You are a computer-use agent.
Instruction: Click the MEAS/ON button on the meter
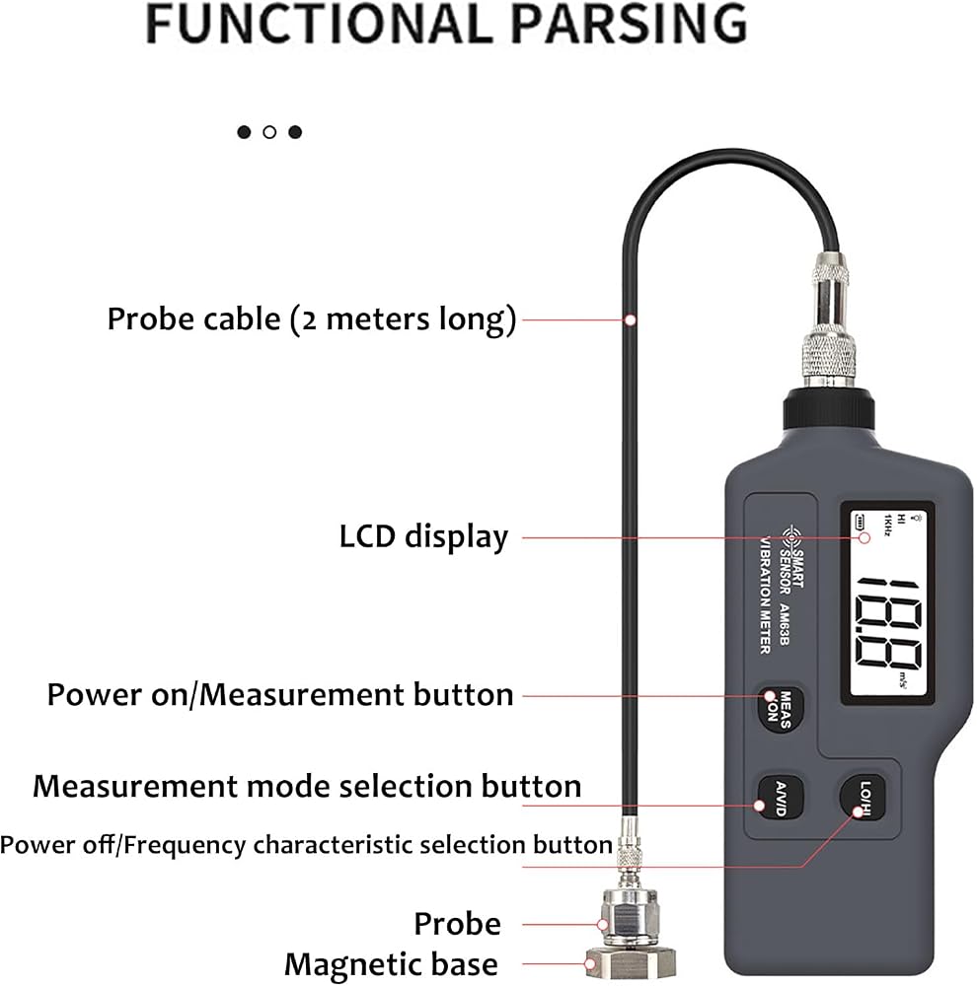pos(781,709)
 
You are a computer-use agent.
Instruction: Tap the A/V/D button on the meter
pos(780,798)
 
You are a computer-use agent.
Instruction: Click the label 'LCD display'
pos(423,537)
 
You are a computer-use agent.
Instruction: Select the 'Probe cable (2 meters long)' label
pos(312,319)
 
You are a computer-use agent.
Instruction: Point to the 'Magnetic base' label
pos(391,964)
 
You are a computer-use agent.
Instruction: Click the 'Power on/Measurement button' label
pos(280,695)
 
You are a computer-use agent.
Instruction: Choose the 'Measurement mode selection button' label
pos(307,786)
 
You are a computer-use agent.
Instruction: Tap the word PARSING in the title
pos(629,24)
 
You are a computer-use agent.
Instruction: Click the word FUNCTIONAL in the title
pos(319,24)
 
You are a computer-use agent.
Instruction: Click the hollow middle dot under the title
pos(269,132)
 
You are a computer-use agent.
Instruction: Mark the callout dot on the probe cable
pos(630,320)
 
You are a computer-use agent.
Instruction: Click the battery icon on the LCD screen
pos(860,522)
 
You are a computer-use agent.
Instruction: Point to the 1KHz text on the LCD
pos(887,526)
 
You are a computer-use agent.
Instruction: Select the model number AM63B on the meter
pos(784,624)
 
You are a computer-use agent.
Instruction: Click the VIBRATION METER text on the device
pos(765,595)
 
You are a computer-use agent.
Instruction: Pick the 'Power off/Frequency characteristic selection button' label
pos(306,845)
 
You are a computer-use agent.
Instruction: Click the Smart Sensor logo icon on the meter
pos(791,537)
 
